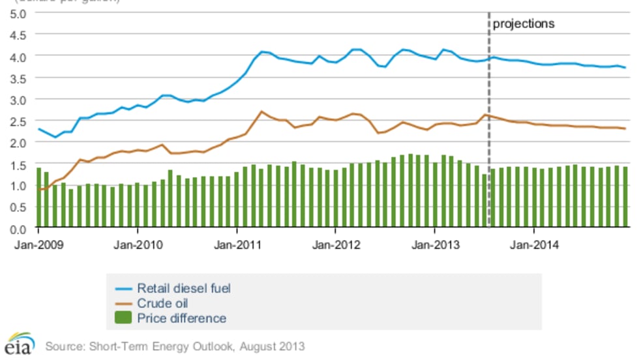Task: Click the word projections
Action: (x=523, y=23)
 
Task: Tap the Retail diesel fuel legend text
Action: (x=184, y=288)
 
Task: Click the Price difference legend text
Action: (x=181, y=318)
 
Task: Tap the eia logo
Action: (x=18, y=344)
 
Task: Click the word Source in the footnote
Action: (x=62, y=346)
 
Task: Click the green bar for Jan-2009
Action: (x=39, y=199)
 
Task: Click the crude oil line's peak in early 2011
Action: (x=261, y=112)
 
